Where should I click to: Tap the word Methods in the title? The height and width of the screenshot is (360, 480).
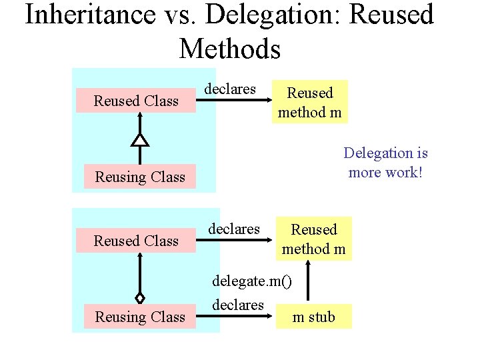coord(230,49)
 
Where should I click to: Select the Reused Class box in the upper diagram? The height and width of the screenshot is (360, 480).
coord(136,101)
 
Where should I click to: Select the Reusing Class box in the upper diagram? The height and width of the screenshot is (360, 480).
coord(140,177)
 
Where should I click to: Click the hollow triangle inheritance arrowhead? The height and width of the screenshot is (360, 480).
coord(139,139)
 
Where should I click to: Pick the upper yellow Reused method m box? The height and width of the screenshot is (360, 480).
coord(309,103)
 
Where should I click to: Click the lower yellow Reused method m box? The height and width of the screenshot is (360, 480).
coord(313,239)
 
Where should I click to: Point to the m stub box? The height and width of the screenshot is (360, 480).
coord(314,317)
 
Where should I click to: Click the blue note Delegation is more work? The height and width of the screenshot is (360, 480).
coord(385,163)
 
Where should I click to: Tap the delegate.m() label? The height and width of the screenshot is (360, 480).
coord(251,281)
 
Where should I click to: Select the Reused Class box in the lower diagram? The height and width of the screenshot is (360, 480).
coord(136,241)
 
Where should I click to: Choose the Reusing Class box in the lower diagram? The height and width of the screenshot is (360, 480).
coord(140,317)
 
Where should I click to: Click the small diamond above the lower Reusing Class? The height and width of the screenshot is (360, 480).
coord(139,298)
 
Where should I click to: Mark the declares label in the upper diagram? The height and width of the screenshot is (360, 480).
coord(229,89)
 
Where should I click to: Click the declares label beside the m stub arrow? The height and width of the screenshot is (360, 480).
coord(238,305)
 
